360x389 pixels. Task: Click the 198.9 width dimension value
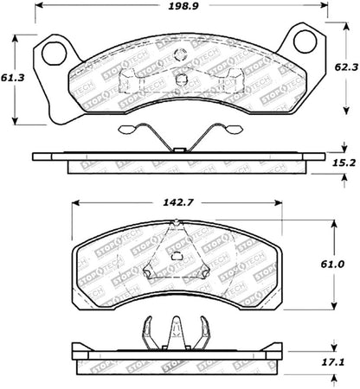pyautogui.click(x=180, y=9)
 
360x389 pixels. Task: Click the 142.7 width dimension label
pyautogui.click(x=179, y=205)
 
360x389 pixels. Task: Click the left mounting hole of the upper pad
pyautogui.click(x=54, y=51)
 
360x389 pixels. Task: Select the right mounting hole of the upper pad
pyautogui.click(x=305, y=41)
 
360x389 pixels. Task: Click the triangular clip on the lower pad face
pyautogui.click(x=177, y=255)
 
